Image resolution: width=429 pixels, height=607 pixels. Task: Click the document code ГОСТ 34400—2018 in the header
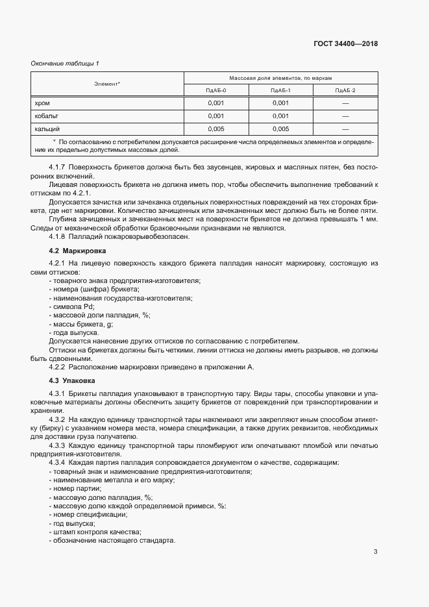[345, 44]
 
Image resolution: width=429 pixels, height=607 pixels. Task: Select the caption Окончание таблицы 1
[65, 63]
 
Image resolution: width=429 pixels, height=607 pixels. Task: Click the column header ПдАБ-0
[216, 90]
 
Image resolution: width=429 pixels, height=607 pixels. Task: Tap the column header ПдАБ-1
[280, 90]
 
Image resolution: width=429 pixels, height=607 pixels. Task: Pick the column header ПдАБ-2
[345, 90]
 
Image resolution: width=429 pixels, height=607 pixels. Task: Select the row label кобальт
[47, 116]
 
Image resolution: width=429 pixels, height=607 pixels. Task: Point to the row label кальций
[47, 129]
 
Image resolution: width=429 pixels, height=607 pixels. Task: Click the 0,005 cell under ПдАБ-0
[216, 129]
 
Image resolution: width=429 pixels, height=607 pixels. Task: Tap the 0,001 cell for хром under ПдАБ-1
[280, 103]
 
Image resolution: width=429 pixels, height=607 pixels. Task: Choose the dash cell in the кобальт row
[345, 116]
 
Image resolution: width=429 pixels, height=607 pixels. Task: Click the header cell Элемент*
[107, 84]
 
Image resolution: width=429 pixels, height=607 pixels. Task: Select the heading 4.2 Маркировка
[74, 251]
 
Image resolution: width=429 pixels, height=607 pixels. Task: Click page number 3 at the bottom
[375, 552]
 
